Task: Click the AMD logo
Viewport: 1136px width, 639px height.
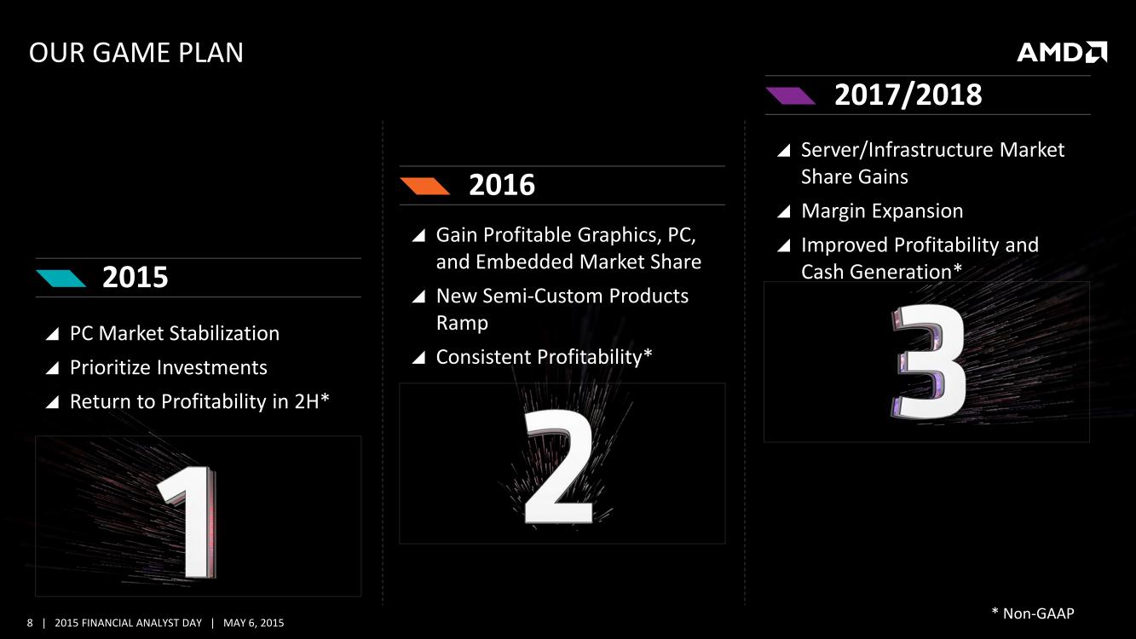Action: coord(1062,52)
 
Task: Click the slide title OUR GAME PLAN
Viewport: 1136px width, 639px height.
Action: coord(136,53)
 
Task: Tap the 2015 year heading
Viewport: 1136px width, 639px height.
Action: coord(135,278)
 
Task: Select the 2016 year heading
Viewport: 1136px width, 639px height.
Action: coord(502,185)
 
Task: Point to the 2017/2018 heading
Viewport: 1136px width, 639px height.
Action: coord(908,95)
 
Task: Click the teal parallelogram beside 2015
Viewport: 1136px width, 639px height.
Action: coord(61,279)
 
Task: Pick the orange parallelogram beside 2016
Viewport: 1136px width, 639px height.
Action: coord(425,186)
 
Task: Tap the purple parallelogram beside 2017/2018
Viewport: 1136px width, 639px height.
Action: coord(790,95)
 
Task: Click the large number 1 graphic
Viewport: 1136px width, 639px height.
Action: coord(187,521)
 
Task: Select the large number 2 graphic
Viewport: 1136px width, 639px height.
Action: coord(558,466)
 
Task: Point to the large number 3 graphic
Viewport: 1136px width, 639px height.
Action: coord(928,361)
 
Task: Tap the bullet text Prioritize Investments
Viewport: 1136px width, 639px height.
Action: coord(169,368)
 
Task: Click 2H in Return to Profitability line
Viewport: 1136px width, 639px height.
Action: coord(306,401)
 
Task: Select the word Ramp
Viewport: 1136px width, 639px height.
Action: coord(462,324)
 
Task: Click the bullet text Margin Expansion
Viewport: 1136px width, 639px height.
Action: coord(882,211)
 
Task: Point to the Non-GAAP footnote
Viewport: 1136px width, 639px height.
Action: coord(1033,613)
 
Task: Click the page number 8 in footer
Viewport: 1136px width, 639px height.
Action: coord(30,623)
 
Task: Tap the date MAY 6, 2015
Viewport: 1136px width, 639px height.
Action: coord(254,623)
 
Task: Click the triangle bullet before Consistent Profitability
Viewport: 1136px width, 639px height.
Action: coord(418,358)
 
